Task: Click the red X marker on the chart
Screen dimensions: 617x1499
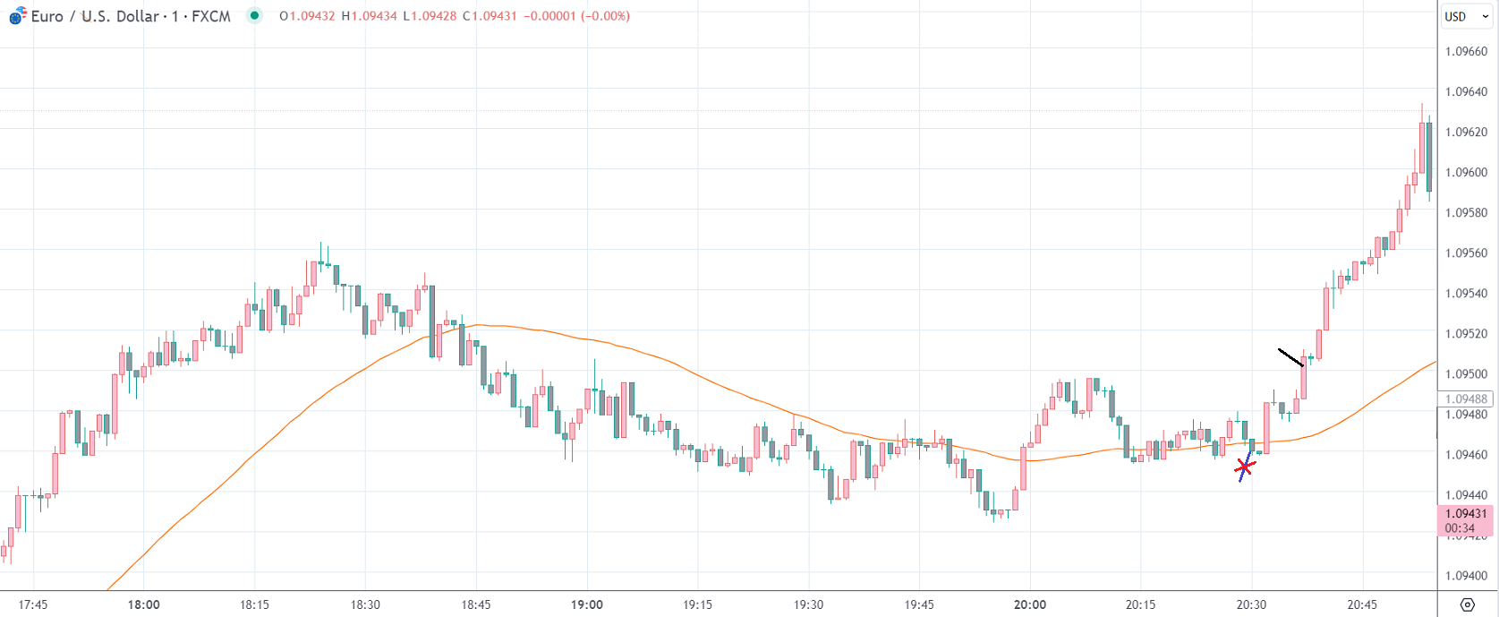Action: pyautogui.click(x=1244, y=467)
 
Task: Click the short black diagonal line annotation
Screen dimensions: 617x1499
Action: pyautogui.click(x=1290, y=357)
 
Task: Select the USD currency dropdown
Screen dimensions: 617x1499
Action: pyautogui.click(x=1466, y=16)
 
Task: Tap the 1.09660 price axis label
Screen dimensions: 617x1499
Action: pyautogui.click(x=1466, y=51)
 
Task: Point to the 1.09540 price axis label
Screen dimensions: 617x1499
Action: pyautogui.click(x=1466, y=293)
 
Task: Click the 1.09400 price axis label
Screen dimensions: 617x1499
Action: pyautogui.click(x=1466, y=576)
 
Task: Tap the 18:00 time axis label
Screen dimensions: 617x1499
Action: pyautogui.click(x=143, y=604)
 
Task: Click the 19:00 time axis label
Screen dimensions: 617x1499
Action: pyautogui.click(x=587, y=604)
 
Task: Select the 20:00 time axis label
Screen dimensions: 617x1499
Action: pyautogui.click(x=1030, y=604)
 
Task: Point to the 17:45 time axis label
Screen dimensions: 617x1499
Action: pyautogui.click(x=33, y=604)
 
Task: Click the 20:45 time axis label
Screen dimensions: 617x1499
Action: pyautogui.click(x=1362, y=604)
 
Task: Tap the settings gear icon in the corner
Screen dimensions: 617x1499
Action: pyautogui.click(x=1467, y=604)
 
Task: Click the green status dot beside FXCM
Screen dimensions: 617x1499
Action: pyautogui.click(x=255, y=15)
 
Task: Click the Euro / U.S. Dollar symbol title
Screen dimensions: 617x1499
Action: pyautogui.click(x=131, y=16)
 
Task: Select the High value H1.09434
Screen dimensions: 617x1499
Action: pyautogui.click(x=369, y=16)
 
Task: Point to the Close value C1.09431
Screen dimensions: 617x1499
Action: pyautogui.click(x=490, y=16)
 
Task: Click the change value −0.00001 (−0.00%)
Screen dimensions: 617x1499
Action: pyautogui.click(x=576, y=16)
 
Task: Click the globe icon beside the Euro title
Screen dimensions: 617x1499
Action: pyautogui.click(x=17, y=15)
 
